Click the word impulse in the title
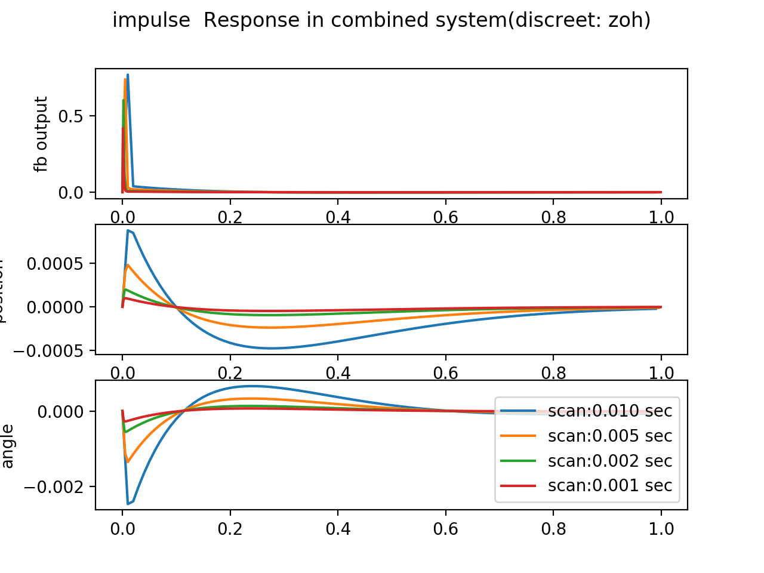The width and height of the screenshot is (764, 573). click(x=151, y=20)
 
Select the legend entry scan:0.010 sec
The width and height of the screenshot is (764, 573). click(x=609, y=411)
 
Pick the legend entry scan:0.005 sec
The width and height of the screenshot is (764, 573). click(x=609, y=436)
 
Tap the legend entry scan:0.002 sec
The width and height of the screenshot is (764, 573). click(x=609, y=461)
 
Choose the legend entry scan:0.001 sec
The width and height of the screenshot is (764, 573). click(x=609, y=485)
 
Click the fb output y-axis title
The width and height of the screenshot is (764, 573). click(x=41, y=134)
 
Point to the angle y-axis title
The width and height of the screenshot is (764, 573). click(x=8, y=446)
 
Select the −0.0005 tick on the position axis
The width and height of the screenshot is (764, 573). click(x=53, y=350)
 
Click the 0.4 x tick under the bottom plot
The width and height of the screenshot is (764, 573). click(x=338, y=529)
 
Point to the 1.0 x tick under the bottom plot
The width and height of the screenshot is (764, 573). click(x=661, y=529)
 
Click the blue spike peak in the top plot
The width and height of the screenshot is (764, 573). click(x=128, y=75)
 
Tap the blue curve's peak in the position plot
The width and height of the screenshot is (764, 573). click(x=128, y=230)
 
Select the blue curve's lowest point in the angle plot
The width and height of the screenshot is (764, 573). click(x=128, y=504)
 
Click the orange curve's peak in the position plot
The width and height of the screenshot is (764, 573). click(x=128, y=265)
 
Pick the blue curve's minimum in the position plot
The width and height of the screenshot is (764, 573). click(x=272, y=348)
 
